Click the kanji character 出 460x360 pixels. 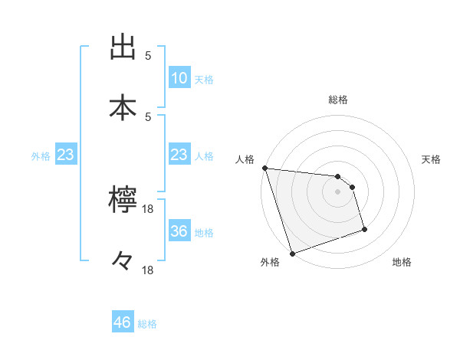pos(123,47)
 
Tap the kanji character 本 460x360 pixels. pos(123,108)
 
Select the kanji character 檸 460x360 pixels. pos(123,201)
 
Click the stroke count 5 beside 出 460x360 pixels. pos(148,56)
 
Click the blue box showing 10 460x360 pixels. pos(179,78)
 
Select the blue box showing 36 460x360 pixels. pos(179,231)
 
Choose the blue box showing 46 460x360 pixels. pos(123,322)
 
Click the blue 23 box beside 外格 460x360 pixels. pos(66,155)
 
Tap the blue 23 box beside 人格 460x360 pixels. pos(179,155)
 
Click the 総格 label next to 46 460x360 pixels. pos(147,324)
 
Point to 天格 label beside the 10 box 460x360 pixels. pos(204,79)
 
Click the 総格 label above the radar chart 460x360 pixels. pos(338,100)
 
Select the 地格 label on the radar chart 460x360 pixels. pos(402,263)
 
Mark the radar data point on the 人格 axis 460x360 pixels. pos(264,168)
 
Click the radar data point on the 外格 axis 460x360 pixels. pos(292,253)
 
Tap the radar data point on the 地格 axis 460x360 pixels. pos(364,229)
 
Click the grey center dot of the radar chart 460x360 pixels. pos(338,191)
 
